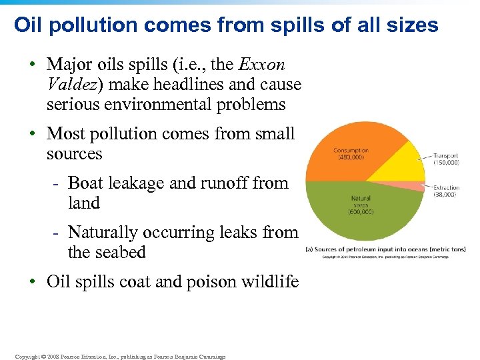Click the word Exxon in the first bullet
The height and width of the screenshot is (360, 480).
261,65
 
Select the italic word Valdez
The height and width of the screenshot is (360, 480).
73,85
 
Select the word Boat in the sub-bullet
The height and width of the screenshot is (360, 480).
85,183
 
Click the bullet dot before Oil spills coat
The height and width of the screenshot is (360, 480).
33,282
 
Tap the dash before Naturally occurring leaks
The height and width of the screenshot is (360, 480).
58,233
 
